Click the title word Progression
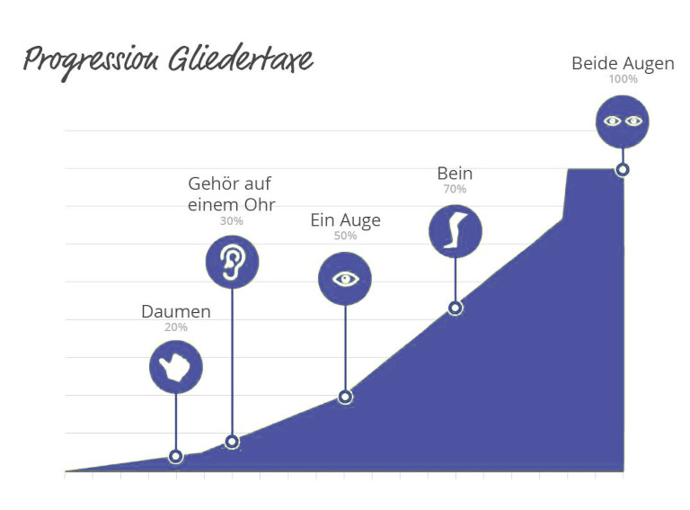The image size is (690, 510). pyautogui.click(x=91, y=61)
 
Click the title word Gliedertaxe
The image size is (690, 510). pyautogui.click(x=241, y=58)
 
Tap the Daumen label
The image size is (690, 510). pyautogui.click(x=176, y=311)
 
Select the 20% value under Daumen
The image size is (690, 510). pyautogui.click(x=176, y=327)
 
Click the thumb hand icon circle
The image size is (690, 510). pyautogui.click(x=176, y=367)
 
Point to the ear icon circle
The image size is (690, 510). pyautogui.click(x=233, y=262)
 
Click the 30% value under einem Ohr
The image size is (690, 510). pyautogui.click(x=232, y=220)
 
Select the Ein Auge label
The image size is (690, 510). pyautogui.click(x=345, y=220)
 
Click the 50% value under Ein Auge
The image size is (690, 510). pyautogui.click(x=345, y=236)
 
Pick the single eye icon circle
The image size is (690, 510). pyautogui.click(x=345, y=279)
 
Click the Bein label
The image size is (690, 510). pyautogui.click(x=455, y=173)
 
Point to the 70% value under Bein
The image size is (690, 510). pyautogui.click(x=455, y=189)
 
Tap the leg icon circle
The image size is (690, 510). pyautogui.click(x=456, y=231)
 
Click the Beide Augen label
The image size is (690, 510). pyautogui.click(x=624, y=64)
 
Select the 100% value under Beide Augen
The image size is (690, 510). pyautogui.click(x=624, y=79)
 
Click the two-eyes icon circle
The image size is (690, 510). pyautogui.click(x=623, y=122)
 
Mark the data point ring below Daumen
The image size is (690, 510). pyautogui.click(x=175, y=456)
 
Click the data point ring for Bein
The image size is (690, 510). pyautogui.click(x=456, y=308)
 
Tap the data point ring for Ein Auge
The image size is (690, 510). pyautogui.click(x=345, y=397)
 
